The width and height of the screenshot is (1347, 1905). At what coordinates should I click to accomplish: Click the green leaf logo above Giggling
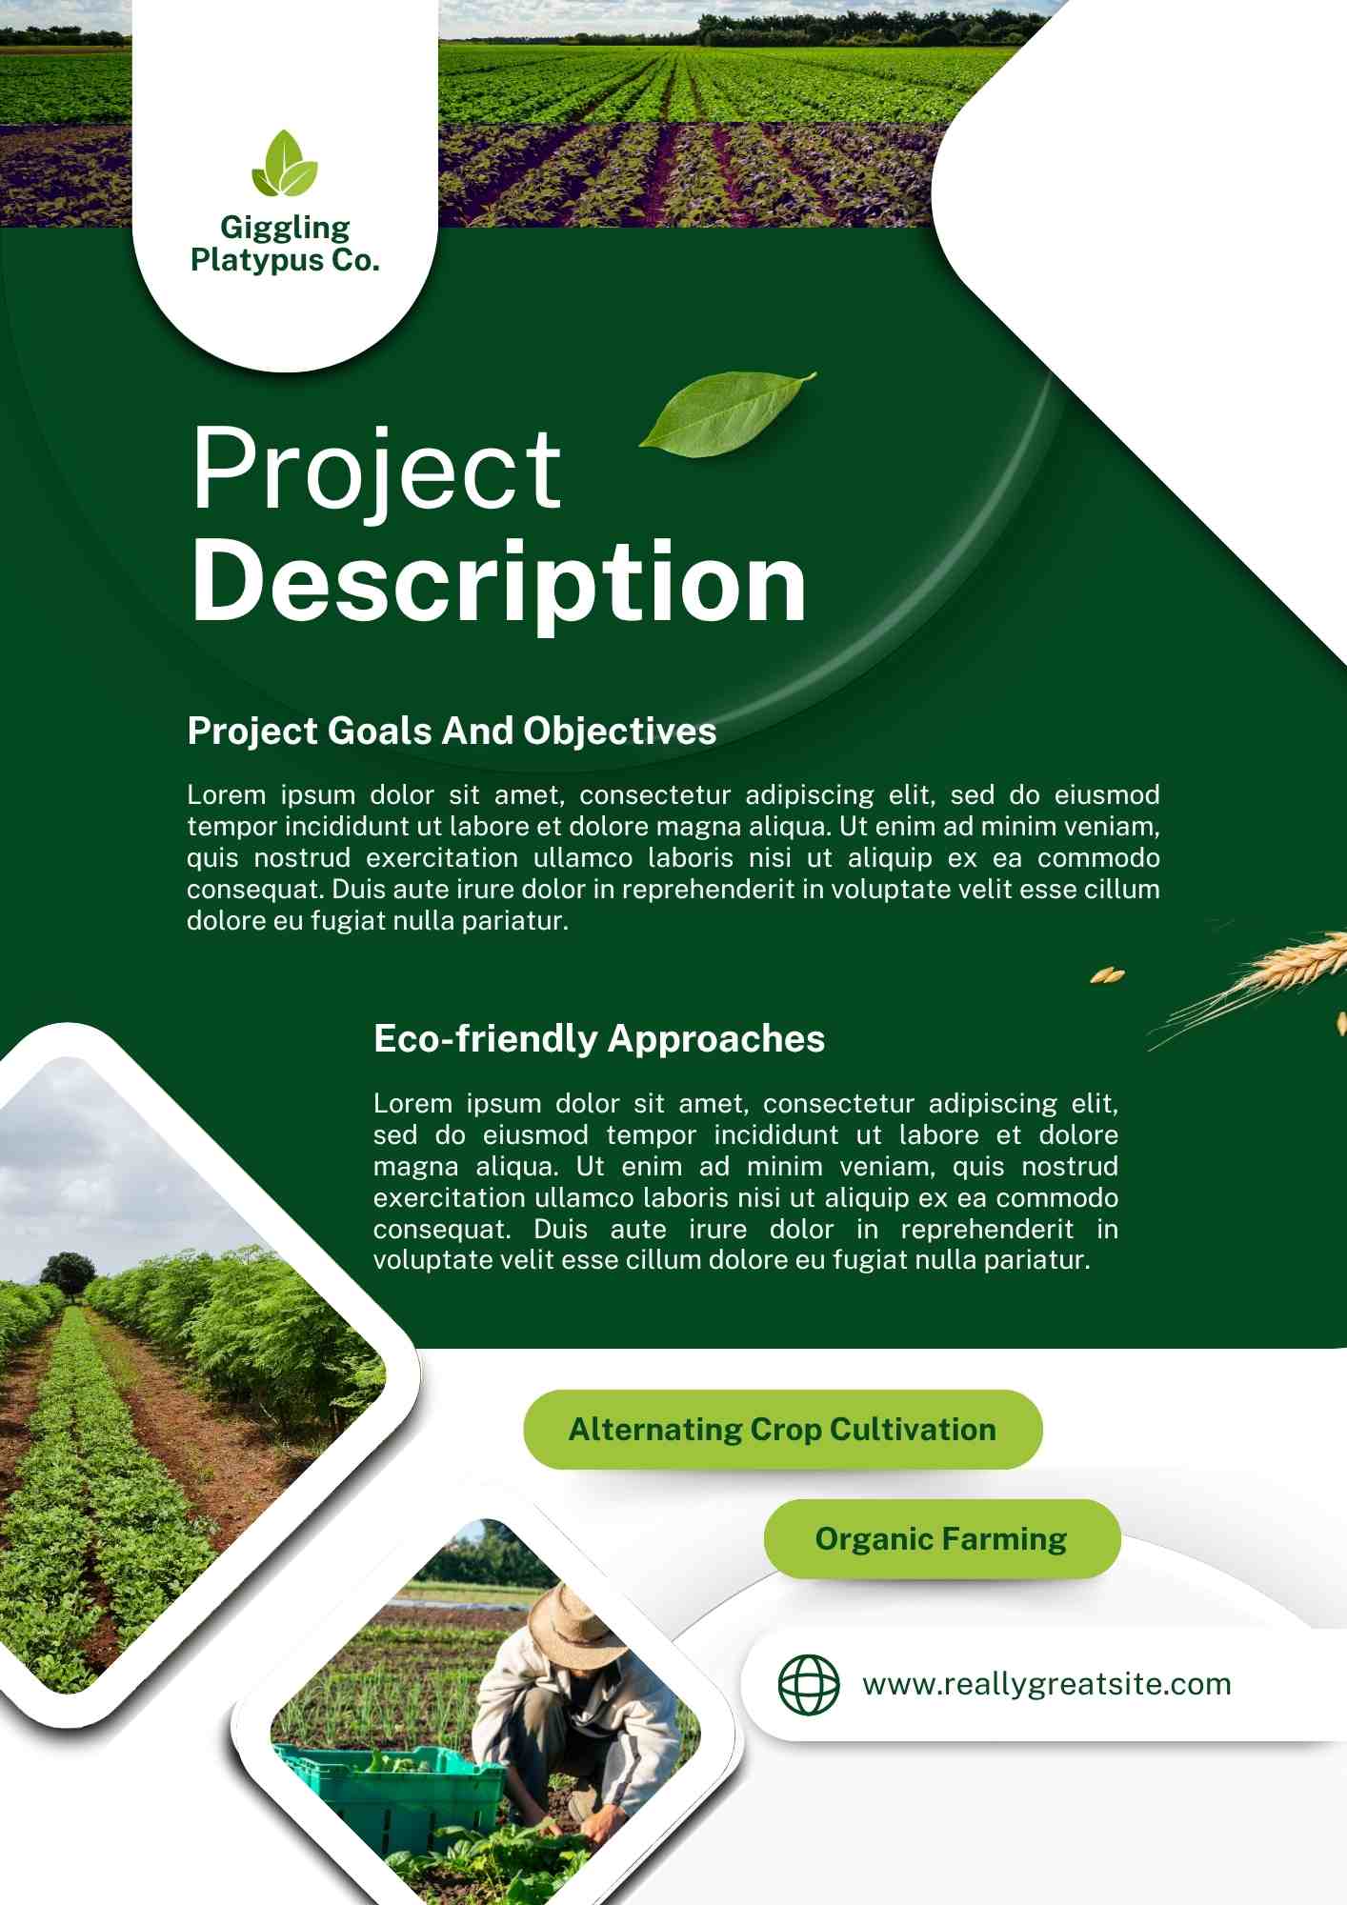point(284,164)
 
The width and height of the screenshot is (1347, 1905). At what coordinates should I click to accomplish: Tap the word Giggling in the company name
point(285,229)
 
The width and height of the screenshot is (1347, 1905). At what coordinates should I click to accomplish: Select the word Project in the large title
point(377,470)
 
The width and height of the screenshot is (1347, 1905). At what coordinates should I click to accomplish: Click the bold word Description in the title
point(499,582)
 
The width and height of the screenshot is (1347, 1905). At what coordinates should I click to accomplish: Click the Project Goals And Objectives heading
point(452,732)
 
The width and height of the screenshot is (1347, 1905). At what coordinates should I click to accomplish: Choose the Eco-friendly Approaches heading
point(599,1039)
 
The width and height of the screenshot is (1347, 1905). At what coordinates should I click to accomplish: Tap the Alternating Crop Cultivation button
point(783,1429)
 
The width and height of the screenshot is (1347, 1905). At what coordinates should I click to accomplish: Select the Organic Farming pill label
point(942,1538)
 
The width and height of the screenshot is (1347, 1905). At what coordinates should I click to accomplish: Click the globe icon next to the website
point(809,1684)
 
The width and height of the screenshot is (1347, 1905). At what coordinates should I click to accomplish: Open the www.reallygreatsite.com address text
point(1047,1684)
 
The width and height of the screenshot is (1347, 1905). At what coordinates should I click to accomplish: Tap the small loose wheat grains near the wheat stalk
point(1108,974)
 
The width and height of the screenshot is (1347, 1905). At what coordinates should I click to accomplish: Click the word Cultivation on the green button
point(913,1430)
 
